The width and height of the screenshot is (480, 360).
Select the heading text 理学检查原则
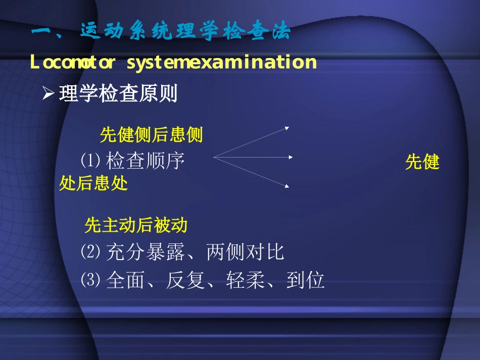point(118,94)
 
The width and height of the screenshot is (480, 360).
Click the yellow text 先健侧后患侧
point(151,135)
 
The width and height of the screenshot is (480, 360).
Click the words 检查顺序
point(146,162)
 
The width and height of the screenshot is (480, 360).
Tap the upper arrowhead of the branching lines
point(287,128)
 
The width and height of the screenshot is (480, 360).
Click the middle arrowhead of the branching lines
point(291,157)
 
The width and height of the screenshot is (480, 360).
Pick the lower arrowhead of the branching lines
point(287,186)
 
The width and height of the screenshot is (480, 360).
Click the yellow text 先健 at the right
point(422,162)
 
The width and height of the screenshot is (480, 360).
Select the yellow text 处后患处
point(93,183)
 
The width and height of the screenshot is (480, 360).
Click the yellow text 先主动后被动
point(136,225)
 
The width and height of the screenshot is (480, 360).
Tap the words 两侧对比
point(246,252)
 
